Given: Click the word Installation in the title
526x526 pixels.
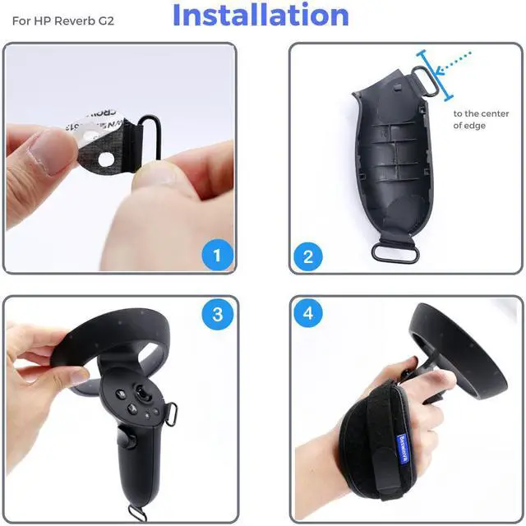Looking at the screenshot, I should [x=261, y=16].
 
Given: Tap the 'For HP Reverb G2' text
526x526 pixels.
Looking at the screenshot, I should [x=62, y=17].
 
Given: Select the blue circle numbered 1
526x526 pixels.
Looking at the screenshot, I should [x=217, y=255].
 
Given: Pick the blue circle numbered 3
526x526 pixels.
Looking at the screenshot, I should [x=217, y=313].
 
